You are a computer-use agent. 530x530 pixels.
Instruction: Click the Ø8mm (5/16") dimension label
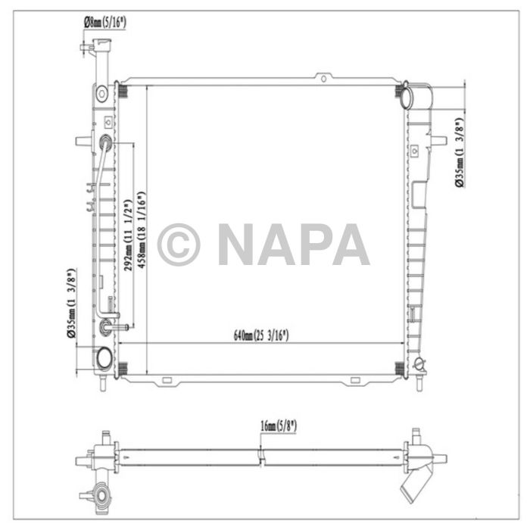(104, 23)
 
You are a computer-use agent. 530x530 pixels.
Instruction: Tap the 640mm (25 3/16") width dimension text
(261, 335)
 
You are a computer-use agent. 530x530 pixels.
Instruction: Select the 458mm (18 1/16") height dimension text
(142, 230)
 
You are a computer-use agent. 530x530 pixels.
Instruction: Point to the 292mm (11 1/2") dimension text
(128, 235)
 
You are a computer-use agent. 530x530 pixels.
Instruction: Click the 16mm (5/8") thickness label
(279, 426)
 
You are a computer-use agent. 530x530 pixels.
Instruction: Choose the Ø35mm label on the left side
(71, 303)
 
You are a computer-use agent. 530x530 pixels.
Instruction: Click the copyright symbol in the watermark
(179, 244)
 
